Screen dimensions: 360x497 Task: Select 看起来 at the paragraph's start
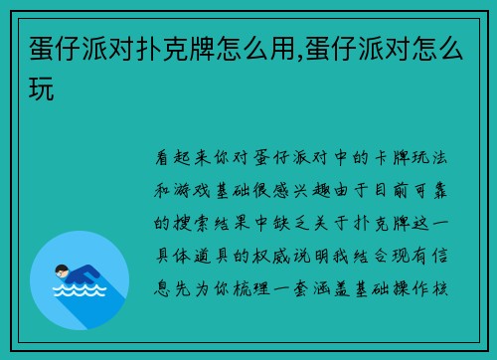click(181, 156)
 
